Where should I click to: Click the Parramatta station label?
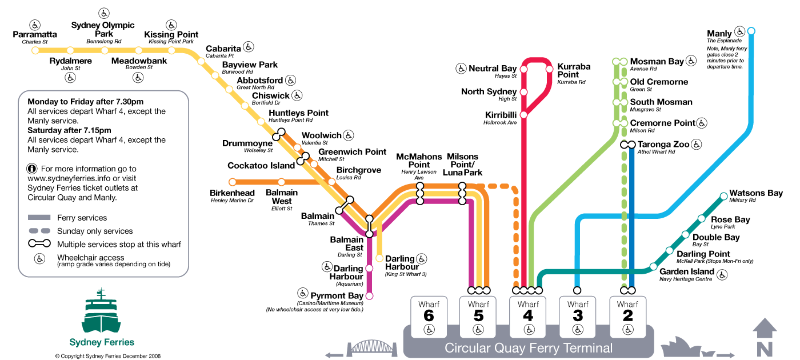(35, 34)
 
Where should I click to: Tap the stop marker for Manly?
(751, 31)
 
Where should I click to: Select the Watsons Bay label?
(756, 193)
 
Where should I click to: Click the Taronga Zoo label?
(663, 144)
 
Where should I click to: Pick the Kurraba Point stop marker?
(549, 69)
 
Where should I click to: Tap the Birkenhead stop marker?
(233, 182)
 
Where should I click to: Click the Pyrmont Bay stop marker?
(369, 296)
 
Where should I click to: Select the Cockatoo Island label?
(261, 166)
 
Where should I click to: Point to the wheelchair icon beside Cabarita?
(249, 47)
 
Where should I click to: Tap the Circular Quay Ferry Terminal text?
(529, 348)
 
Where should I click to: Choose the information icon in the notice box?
(33, 169)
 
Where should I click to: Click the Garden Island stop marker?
(653, 267)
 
